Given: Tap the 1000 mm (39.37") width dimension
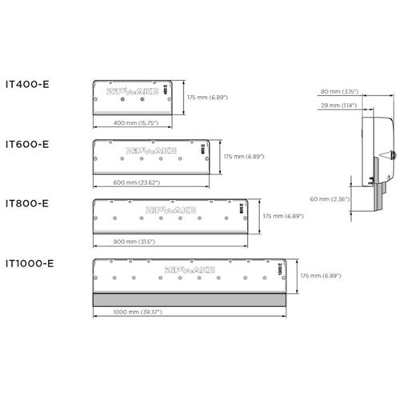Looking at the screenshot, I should (x=139, y=313).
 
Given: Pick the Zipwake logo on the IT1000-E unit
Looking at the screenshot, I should (x=189, y=270).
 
